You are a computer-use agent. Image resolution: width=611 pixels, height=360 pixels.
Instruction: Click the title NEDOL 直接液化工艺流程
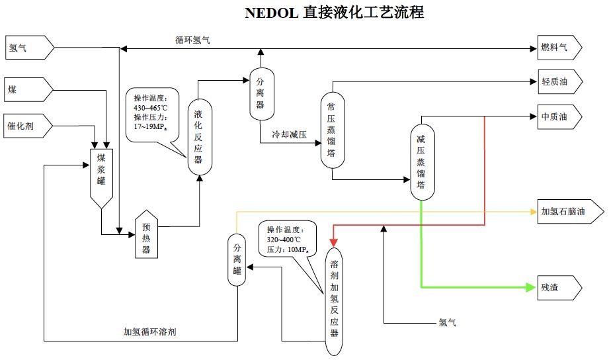point(334,13)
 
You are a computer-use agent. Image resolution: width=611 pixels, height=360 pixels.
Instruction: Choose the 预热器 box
point(146,235)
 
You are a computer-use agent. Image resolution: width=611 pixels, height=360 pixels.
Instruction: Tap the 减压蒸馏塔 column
point(421,161)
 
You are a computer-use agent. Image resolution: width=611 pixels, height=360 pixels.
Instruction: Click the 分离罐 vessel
point(237,260)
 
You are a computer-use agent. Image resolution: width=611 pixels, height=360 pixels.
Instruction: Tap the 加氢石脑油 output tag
point(568,212)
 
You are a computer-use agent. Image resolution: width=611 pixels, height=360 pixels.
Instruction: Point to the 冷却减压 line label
point(290,134)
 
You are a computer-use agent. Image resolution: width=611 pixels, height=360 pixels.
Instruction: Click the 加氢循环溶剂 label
point(149,332)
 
